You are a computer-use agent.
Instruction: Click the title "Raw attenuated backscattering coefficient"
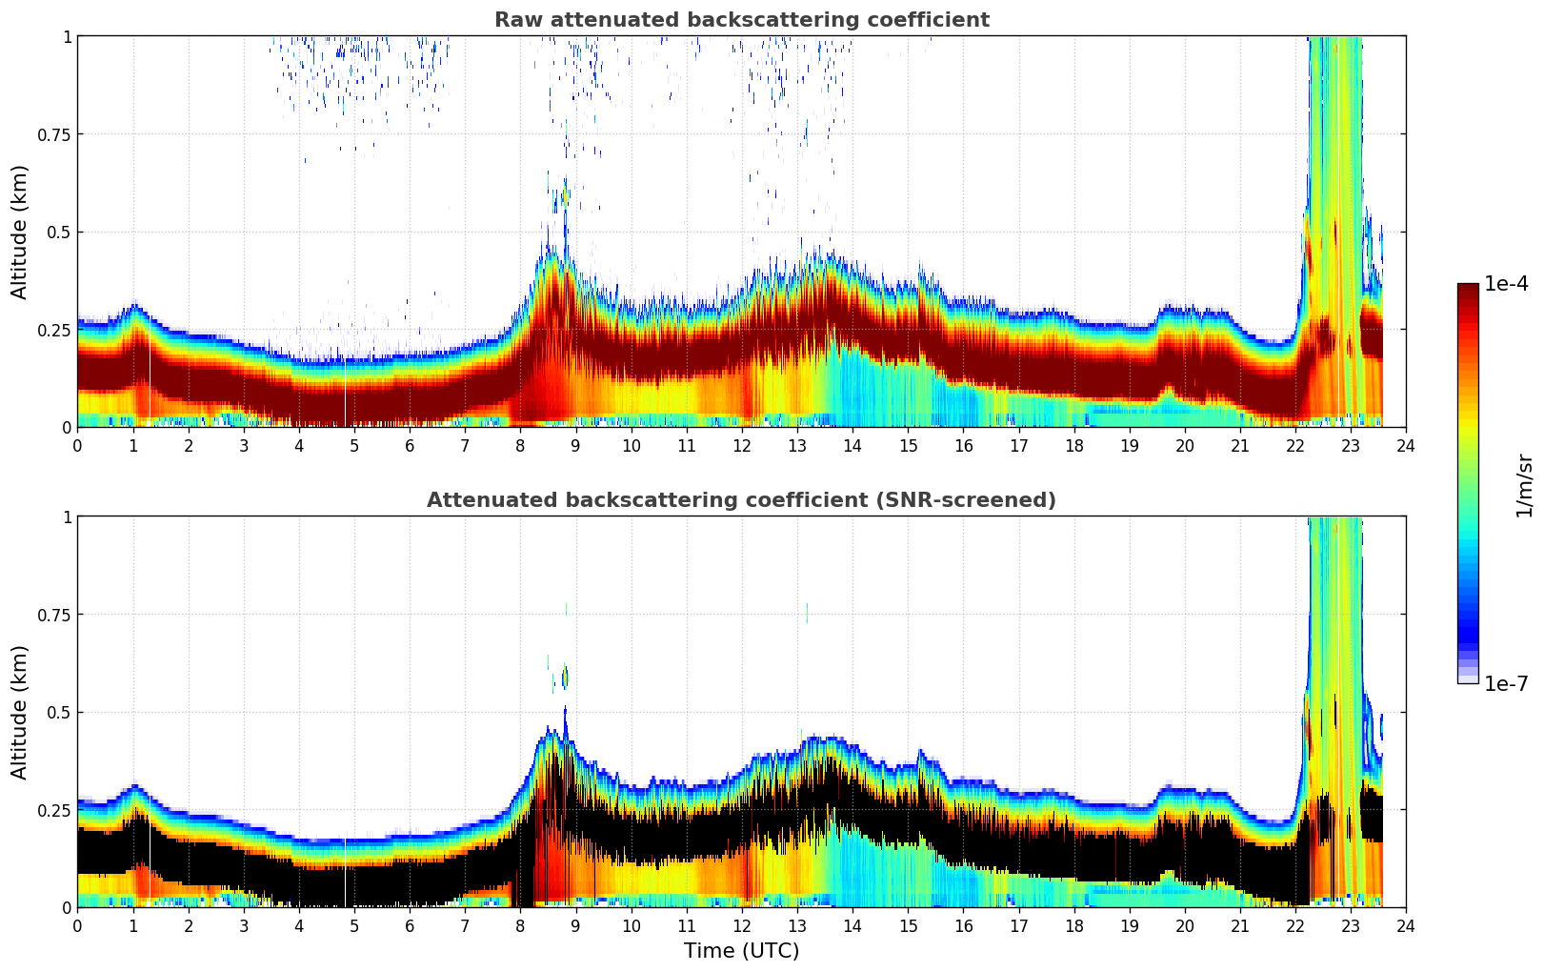(x=741, y=20)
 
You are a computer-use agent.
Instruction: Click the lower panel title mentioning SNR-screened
(x=741, y=500)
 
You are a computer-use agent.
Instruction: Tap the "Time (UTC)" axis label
(x=741, y=951)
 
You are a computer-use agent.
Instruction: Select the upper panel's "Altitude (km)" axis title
(x=20, y=232)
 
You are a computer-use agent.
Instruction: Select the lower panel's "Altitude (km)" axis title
(x=20, y=712)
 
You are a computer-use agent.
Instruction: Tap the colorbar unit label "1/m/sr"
(x=1524, y=486)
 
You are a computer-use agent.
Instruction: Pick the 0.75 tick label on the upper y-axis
(x=53, y=134)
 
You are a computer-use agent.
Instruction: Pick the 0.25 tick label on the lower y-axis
(x=53, y=810)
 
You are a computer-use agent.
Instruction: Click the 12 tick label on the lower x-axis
(x=742, y=925)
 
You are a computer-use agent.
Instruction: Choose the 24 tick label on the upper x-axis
(x=1406, y=445)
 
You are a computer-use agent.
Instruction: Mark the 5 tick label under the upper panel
(x=354, y=445)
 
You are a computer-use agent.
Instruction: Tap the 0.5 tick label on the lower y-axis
(x=58, y=713)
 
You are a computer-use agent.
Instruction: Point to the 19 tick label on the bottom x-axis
(x=1130, y=925)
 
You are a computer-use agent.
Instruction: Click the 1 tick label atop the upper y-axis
(x=67, y=36)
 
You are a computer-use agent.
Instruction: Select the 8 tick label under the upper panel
(x=520, y=445)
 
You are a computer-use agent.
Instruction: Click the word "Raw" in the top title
(x=515, y=20)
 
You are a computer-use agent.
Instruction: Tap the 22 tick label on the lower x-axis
(x=1295, y=925)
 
